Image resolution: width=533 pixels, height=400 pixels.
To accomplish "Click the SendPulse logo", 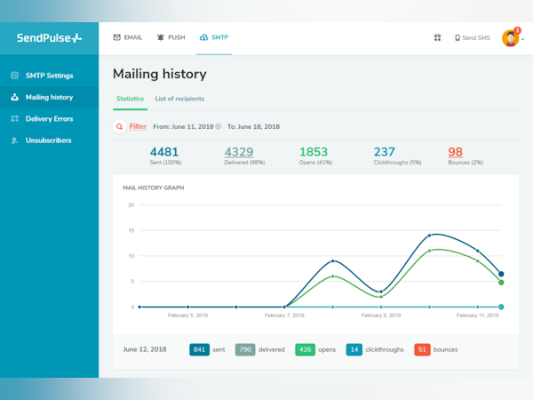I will coord(49,38).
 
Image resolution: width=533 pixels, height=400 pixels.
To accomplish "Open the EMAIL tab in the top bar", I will coord(128,38).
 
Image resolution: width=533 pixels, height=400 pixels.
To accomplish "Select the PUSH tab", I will coord(171,38).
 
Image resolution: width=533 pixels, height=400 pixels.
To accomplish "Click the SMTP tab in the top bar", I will coord(215,38).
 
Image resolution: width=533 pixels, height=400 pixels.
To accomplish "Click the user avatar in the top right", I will coord(510,38).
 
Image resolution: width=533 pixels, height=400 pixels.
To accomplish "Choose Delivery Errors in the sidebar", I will coord(49,118).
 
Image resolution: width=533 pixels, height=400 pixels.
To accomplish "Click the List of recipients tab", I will coord(179,98).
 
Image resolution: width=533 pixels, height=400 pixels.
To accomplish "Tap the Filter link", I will coord(138,127).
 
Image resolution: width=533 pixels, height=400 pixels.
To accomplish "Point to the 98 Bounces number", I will coord(455,152).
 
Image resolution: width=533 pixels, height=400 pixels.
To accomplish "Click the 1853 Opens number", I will coord(314,152).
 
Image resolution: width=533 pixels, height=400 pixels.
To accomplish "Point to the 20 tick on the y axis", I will coord(131,204).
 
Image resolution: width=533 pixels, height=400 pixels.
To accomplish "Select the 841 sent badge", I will coord(199,349).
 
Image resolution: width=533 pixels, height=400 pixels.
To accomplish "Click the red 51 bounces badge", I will coord(422,349).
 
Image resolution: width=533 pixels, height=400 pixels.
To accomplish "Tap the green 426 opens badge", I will coord(305,349).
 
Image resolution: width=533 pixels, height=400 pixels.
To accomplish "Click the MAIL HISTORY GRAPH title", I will coord(154,188).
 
